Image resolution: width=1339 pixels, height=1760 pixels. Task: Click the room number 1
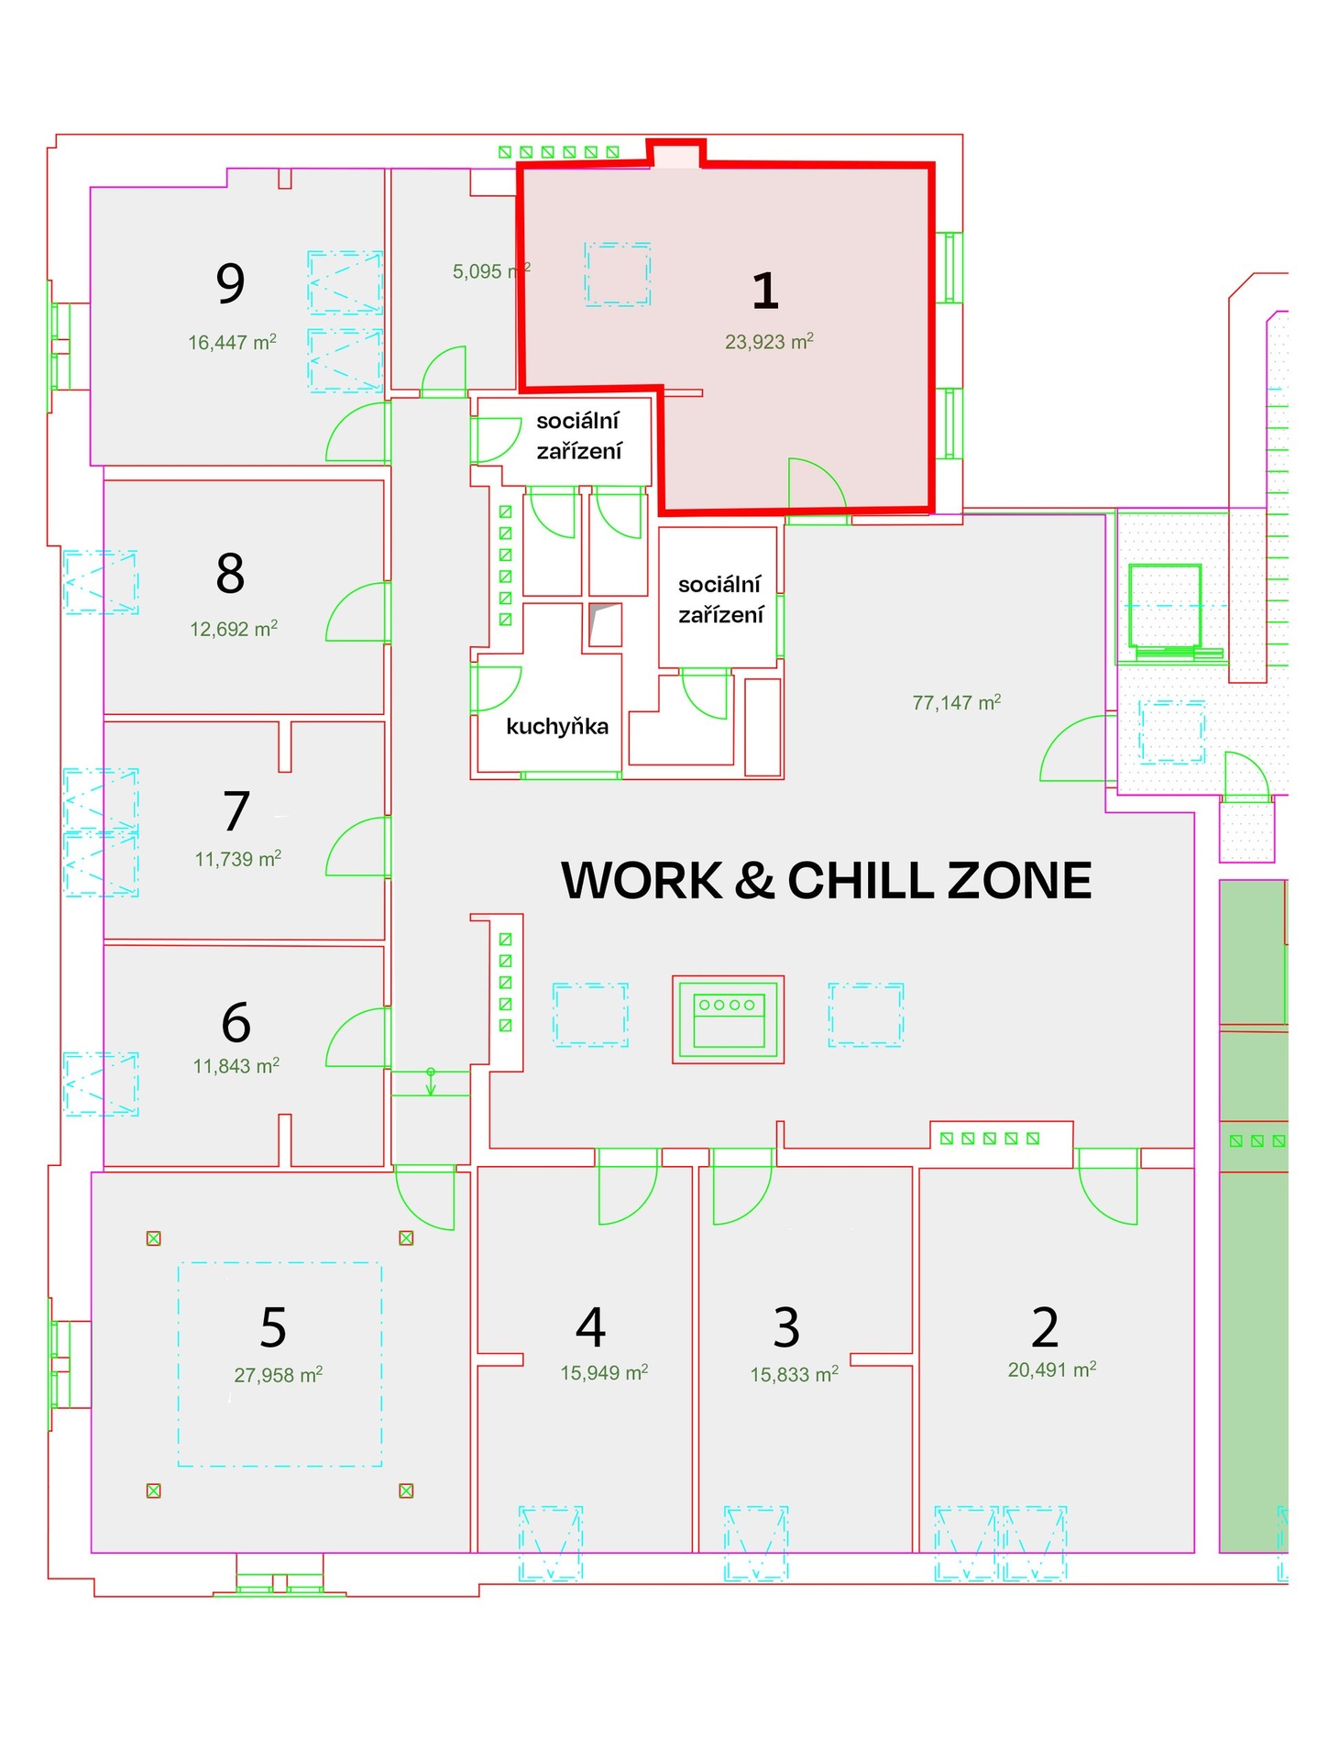765,291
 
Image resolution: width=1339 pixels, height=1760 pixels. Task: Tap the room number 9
231,283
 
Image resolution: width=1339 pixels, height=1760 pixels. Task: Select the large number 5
273,1327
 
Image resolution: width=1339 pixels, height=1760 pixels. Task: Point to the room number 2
1045,1326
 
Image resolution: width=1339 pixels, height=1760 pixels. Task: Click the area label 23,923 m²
769,342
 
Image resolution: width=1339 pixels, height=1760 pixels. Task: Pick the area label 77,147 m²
956,702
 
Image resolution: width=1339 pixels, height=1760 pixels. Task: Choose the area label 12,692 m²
234,629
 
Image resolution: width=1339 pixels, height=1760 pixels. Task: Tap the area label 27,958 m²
278,1375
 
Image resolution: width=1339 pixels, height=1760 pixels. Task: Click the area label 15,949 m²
604,1372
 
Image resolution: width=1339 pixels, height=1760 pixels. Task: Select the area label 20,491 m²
1052,1369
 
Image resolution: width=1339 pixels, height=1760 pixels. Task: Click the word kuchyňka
557,727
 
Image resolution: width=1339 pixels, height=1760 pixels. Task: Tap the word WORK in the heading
642,881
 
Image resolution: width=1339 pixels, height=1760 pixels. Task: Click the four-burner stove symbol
729,1019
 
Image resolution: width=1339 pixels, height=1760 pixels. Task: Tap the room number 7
236,811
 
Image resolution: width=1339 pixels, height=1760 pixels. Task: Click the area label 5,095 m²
491,271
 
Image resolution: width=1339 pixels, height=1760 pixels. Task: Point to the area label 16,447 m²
232,343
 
